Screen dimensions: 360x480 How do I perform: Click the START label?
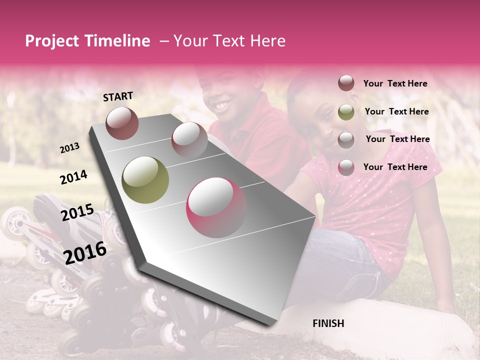click(118, 96)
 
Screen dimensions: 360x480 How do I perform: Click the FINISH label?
click(328, 323)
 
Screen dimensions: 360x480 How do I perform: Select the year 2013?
click(69, 148)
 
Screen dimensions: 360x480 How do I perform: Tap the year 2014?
click(73, 177)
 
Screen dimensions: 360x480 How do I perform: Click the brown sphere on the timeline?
click(122, 123)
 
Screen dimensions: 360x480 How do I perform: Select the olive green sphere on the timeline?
click(145, 179)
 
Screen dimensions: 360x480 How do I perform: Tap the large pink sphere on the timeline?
click(216, 207)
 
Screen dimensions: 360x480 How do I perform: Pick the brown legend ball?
click(346, 83)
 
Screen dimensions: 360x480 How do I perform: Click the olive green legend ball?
click(346, 112)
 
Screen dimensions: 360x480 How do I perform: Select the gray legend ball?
click(346, 139)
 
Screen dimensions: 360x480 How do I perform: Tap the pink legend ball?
click(346, 167)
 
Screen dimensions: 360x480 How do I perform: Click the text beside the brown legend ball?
click(395, 84)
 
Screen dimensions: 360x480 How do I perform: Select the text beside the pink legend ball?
click(395, 167)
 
